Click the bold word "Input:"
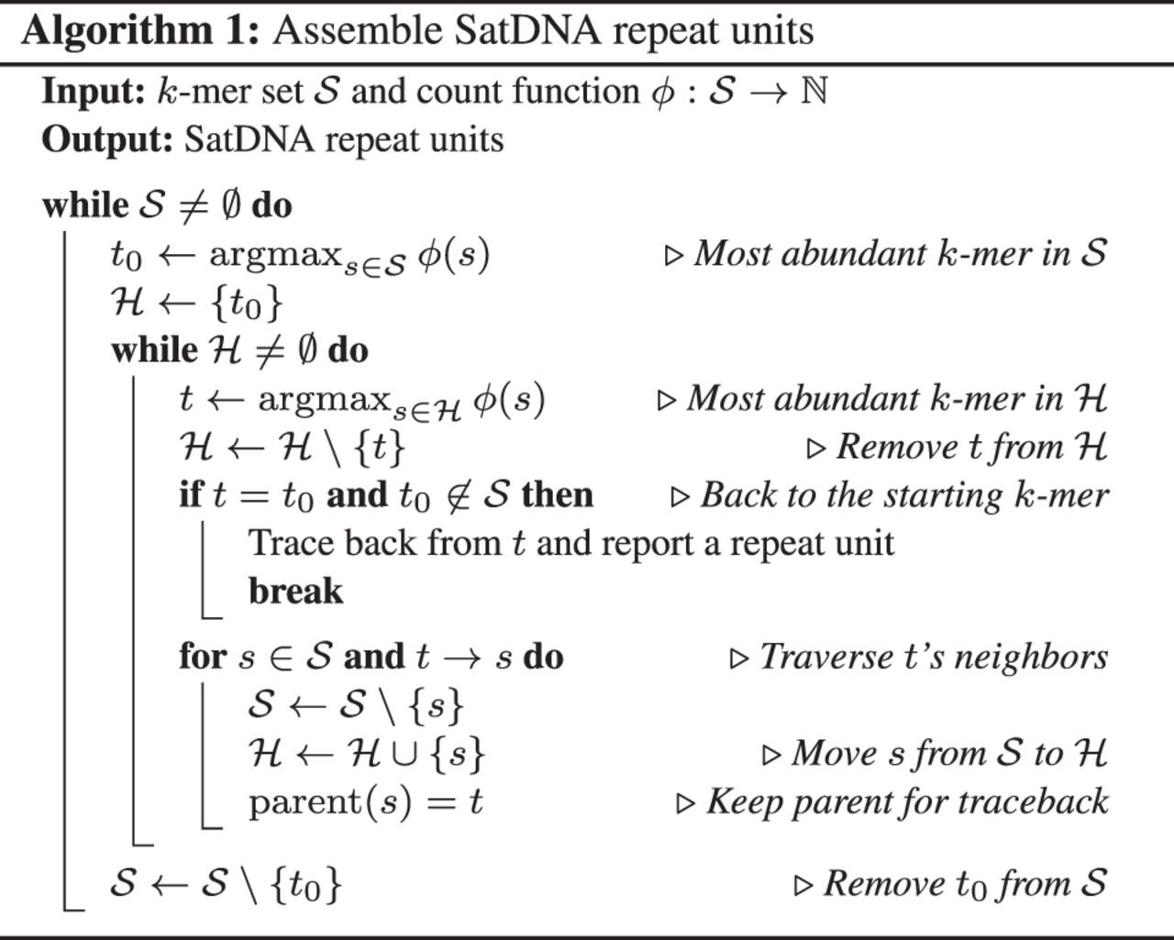coord(94,91)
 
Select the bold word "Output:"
coord(107,140)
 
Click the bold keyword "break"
coord(295,592)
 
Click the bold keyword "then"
coord(557,495)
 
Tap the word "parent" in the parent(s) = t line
coord(305,803)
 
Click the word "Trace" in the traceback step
coord(290,544)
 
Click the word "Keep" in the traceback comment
coord(745,802)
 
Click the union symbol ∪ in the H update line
coord(404,755)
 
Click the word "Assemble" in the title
coord(358,31)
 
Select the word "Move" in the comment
coord(835,754)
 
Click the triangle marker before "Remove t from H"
coord(815,449)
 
